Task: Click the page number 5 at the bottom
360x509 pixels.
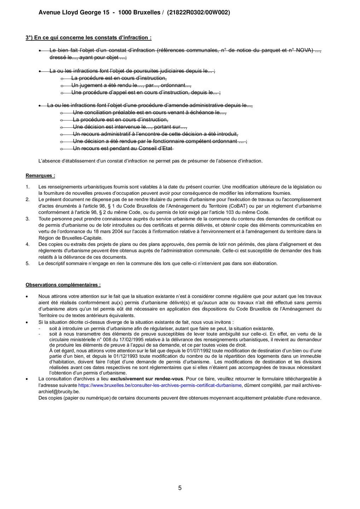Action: click(180, 488)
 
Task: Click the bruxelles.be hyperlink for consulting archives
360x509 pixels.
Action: click(160, 385)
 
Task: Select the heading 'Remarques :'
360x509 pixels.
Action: click(40, 176)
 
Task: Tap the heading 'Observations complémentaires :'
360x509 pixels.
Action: click(63, 285)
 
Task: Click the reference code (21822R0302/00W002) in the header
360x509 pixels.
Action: click(198, 12)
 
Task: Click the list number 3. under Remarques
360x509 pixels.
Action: click(28, 219)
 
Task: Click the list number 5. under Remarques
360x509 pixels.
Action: click(28, 263)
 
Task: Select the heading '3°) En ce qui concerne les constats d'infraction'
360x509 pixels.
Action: click(88, 37)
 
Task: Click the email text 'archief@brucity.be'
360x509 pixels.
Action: click(59, 392)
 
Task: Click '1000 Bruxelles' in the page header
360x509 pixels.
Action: click(139, 12)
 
